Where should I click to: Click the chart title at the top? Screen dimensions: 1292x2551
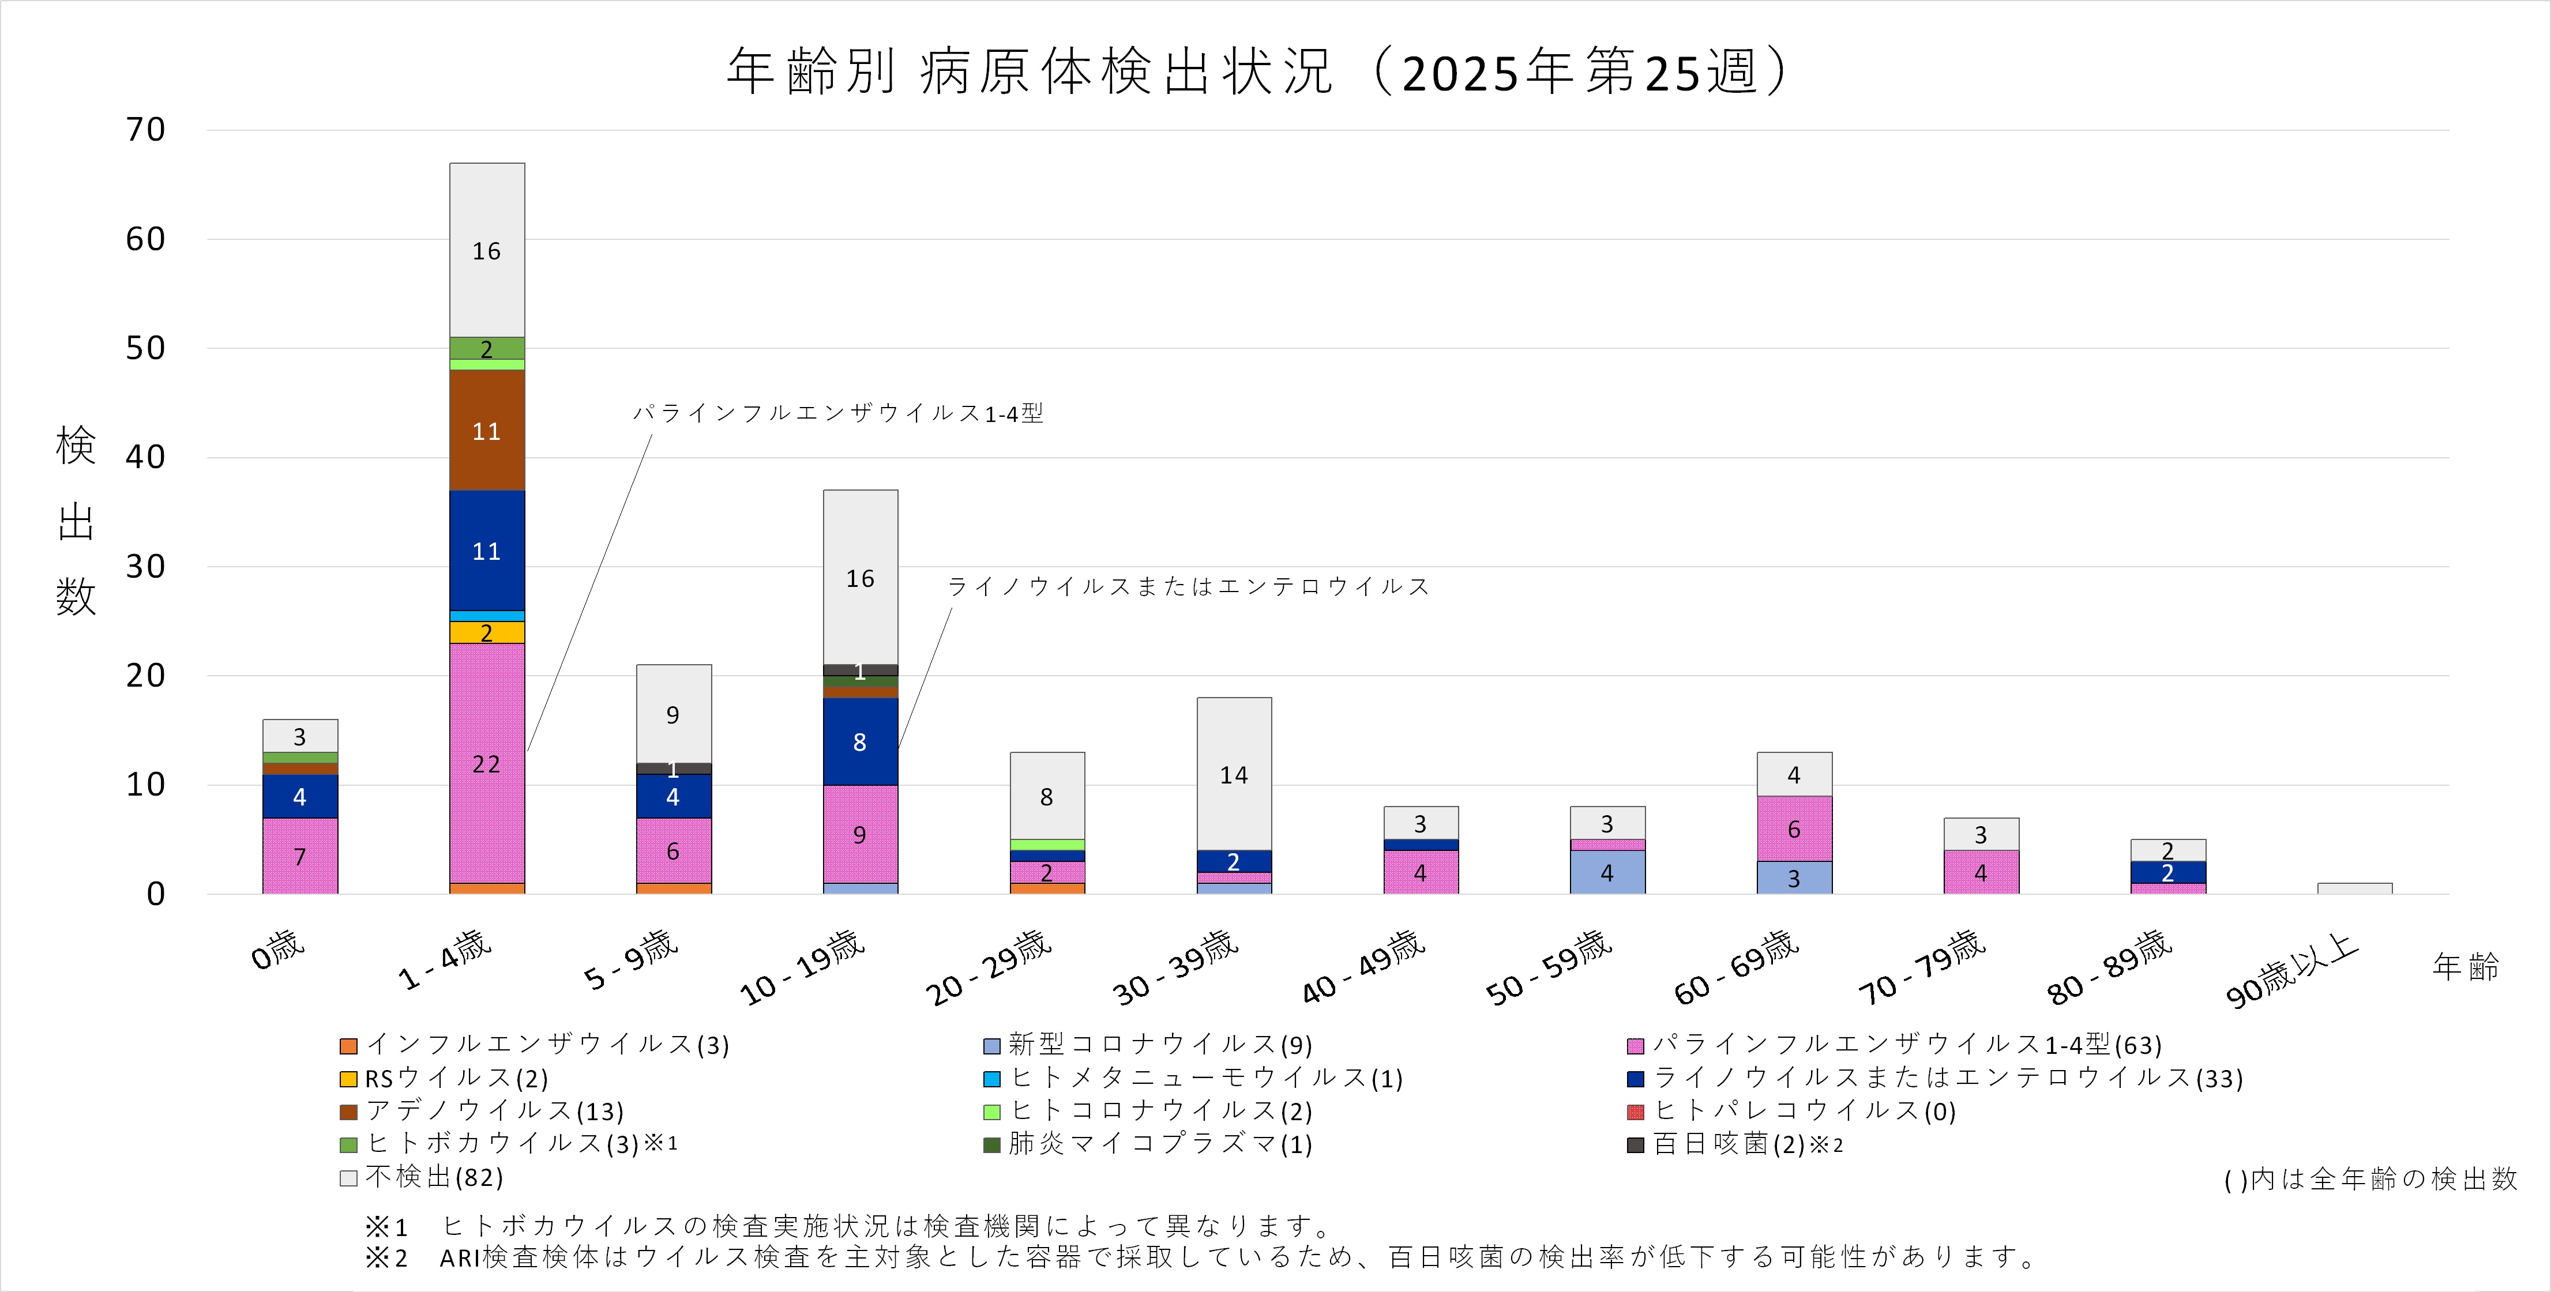pyautogui.click(x=1258, y=71)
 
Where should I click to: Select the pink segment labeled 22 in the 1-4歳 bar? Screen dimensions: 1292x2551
pyautogui.click(x=486, y=763)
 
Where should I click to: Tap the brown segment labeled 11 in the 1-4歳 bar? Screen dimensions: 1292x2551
pyautogui.click(x=486, y=431)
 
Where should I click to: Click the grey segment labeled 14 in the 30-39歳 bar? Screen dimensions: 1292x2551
pyautogui.click(x=1234, y=774)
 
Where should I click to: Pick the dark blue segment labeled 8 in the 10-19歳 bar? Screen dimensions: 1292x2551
pyautogui.click(x=859, y=741)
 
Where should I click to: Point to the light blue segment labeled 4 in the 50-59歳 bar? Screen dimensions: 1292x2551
pyautogui.click(x=1607, y=872)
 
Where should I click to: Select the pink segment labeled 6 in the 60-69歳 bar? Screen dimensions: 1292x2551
pyautogui.click(x=1793, y=828)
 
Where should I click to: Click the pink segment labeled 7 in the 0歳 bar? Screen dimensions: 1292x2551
pyautogui.click(x=300, y=856)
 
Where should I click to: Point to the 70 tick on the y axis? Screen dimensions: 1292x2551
pyautogui.click(x=145, y=130)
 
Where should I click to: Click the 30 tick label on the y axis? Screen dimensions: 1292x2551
pyautogui.click(x=145, y=566)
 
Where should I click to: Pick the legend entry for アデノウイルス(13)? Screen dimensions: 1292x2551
pyautogui.click(x=482, y=1111)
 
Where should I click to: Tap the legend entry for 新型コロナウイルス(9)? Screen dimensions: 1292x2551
pyautogui.click(x=1149, y=1045)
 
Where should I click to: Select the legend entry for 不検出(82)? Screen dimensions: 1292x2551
pyautogui.click(x=423, y=1177)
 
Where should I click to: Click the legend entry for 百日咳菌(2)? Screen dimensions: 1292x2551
pyautogui.click(x=1735, y=1144)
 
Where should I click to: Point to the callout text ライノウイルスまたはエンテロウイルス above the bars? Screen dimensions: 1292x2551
pyautogui.click(x=1188, y=586)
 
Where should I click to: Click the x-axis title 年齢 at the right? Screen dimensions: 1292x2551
pyautogui.click(x=2465, y=966)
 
